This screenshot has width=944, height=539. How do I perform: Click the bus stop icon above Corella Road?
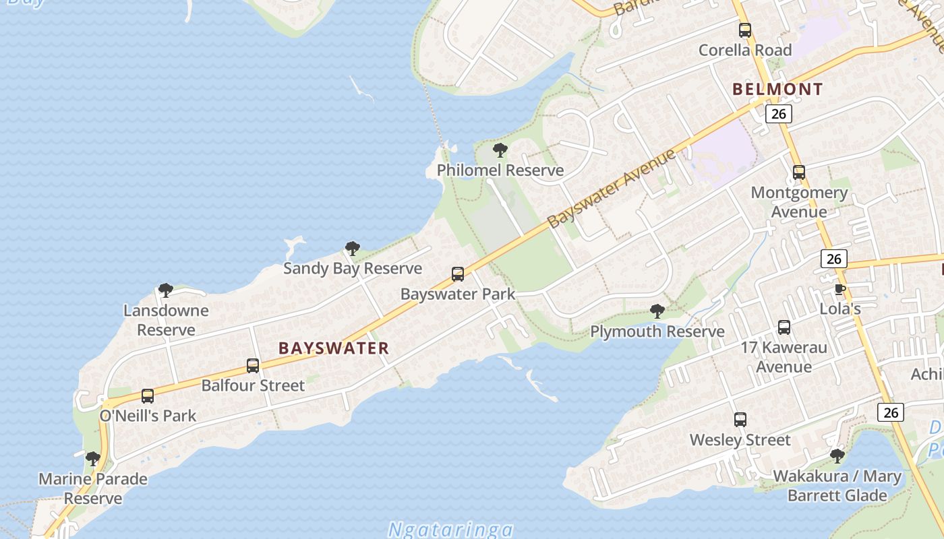[x=745, y=30]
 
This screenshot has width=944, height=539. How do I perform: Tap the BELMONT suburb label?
[x=777, y=89]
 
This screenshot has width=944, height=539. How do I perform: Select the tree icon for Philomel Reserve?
[x=500, y=150]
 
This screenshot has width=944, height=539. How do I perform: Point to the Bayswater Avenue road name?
[x=611, y=189]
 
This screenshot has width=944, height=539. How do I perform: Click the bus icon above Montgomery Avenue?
[x=799, y=172]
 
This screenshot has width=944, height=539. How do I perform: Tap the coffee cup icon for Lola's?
[x=839, y=290]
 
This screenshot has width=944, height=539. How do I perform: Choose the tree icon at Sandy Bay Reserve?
[x=352, y=249]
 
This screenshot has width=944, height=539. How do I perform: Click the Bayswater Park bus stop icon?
[x=458, y=274]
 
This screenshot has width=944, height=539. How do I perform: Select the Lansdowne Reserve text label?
[x=166, y=320]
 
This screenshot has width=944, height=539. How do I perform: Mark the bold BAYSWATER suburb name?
[x=334, y=348]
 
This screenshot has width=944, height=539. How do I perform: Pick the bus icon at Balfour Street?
[x=253, y=366]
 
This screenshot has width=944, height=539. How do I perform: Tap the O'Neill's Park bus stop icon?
[x=148, y=396]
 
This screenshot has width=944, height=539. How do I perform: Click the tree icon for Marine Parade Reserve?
[x=93, y=459]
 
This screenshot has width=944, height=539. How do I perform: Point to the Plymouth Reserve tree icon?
[x=657, y=311]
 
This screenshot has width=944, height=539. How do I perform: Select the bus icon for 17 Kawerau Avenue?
[x=784, y=327]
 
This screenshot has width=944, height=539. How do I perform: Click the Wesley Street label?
[x=740, y=440]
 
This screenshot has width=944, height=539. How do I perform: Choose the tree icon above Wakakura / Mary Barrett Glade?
[x=837, y=456]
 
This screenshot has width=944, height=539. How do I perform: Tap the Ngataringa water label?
[x=450, y=530]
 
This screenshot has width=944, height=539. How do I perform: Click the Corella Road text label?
[x=745, y=50]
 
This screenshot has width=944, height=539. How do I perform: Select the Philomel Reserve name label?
[x=500, y=170]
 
